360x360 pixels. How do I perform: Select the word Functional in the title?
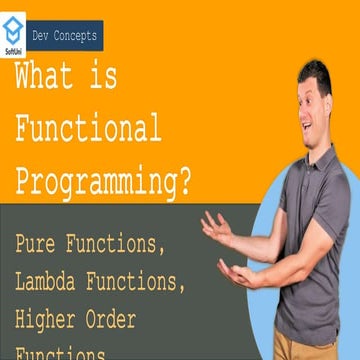88,129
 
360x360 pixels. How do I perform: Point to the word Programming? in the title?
103,180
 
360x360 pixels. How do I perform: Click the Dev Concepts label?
65,36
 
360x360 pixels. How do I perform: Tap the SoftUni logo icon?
14,25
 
